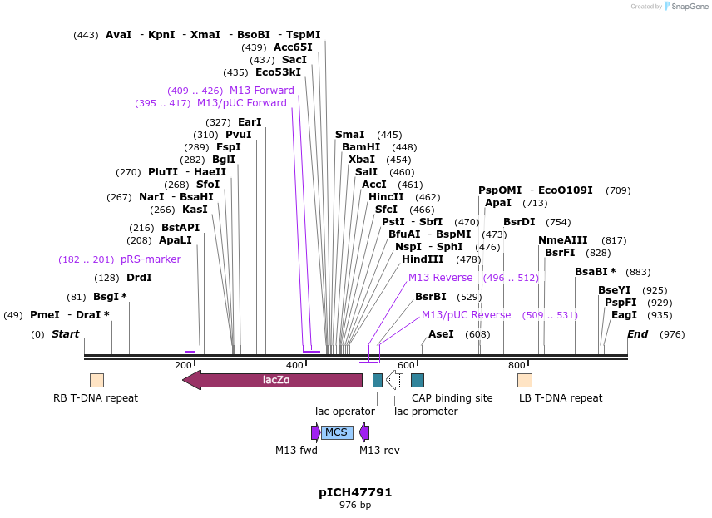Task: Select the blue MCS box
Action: click(x=337, y=432)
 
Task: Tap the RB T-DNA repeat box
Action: click(x=96, y=380)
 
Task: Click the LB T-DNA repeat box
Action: click(x=525, y=380)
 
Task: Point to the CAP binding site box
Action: click(x=418, y=380)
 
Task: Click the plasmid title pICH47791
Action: click(x=355, y=492)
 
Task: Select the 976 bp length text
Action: click(x=355, y=506)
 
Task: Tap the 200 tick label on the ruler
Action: click(x=183, y=365)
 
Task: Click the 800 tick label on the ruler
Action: click(x=517, y=365)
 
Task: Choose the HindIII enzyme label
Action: click(x=423, y=259)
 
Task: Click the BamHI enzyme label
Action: click(x=361, y=147)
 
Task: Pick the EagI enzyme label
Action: click(x=624, y=315)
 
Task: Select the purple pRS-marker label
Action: click(x=151, y=259)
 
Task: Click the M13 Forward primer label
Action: click(x=261, y=91)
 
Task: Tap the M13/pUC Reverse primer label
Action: click(x=466, y=315)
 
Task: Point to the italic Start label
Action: click(x=65, y=334)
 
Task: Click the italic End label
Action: click(x=637, y=334)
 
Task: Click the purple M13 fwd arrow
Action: click(x=316, y=432)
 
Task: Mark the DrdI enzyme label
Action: click(x=139, y=278)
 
